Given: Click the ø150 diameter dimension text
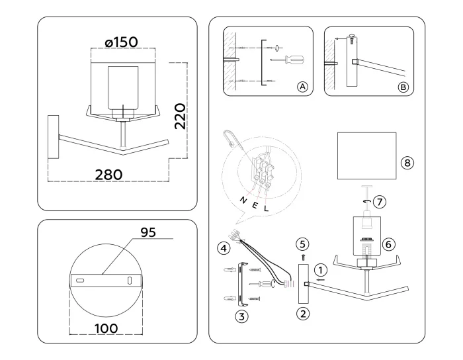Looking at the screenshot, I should coord(121,42).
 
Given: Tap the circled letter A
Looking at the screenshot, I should coord(302,87).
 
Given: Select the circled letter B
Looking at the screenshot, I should coord(403,87).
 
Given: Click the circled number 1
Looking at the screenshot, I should coord(321,270).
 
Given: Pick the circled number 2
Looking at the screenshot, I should coord(302,313).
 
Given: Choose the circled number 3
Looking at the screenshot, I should coord(242,316).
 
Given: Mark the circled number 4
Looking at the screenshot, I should coord(224,249).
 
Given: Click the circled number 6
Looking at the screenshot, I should coord(390,244).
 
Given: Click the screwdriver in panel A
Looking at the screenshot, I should coord(292,60).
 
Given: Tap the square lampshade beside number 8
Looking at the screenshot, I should coord(366,156).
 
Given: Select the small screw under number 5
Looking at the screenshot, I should coord(302,255).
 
